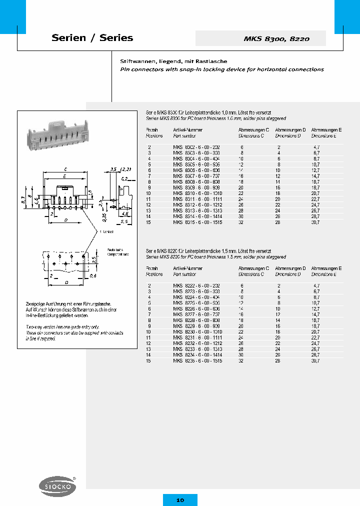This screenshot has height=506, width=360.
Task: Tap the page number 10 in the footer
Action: pyautogui.click(x=180, y=499)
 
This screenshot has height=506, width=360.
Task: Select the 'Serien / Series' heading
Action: pyautogui.click(x=92, y=38)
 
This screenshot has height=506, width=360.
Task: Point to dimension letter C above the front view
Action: pyautogui.click(x=66, y=169)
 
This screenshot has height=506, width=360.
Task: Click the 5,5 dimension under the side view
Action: pyautogui.click(x=124, y=220)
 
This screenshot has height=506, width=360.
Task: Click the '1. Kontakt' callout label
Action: pyautogui.click(x=107, y=232)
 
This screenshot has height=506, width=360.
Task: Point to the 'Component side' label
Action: pyautogui.click(x=117, y=254)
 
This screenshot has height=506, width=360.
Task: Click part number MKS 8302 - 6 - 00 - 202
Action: pyautogui.click(x=196, y=147)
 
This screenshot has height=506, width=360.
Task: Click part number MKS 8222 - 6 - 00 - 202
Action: pyautogui.click(x=196, y=285)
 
